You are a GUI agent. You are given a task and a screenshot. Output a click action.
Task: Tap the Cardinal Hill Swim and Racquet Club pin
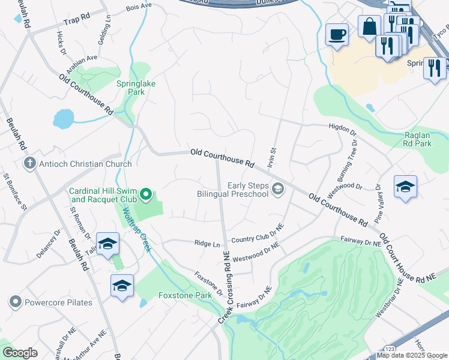(145, 194)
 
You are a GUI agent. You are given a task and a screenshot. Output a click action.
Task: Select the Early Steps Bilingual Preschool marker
(277, 190)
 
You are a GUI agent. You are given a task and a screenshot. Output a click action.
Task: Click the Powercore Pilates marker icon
(15, 302)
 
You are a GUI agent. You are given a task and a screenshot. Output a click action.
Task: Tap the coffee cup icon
(337, 34)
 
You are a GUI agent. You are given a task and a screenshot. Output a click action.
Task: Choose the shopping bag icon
(369, 26)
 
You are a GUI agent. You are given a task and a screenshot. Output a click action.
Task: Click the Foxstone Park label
(185, 295)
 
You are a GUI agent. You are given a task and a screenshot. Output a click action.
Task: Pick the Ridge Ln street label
(208, 244)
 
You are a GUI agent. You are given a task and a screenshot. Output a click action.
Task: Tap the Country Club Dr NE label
(258, 234)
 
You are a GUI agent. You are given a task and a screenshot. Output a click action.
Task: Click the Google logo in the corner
(20, 353)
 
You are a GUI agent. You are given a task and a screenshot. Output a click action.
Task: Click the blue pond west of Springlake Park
(64, 118)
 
